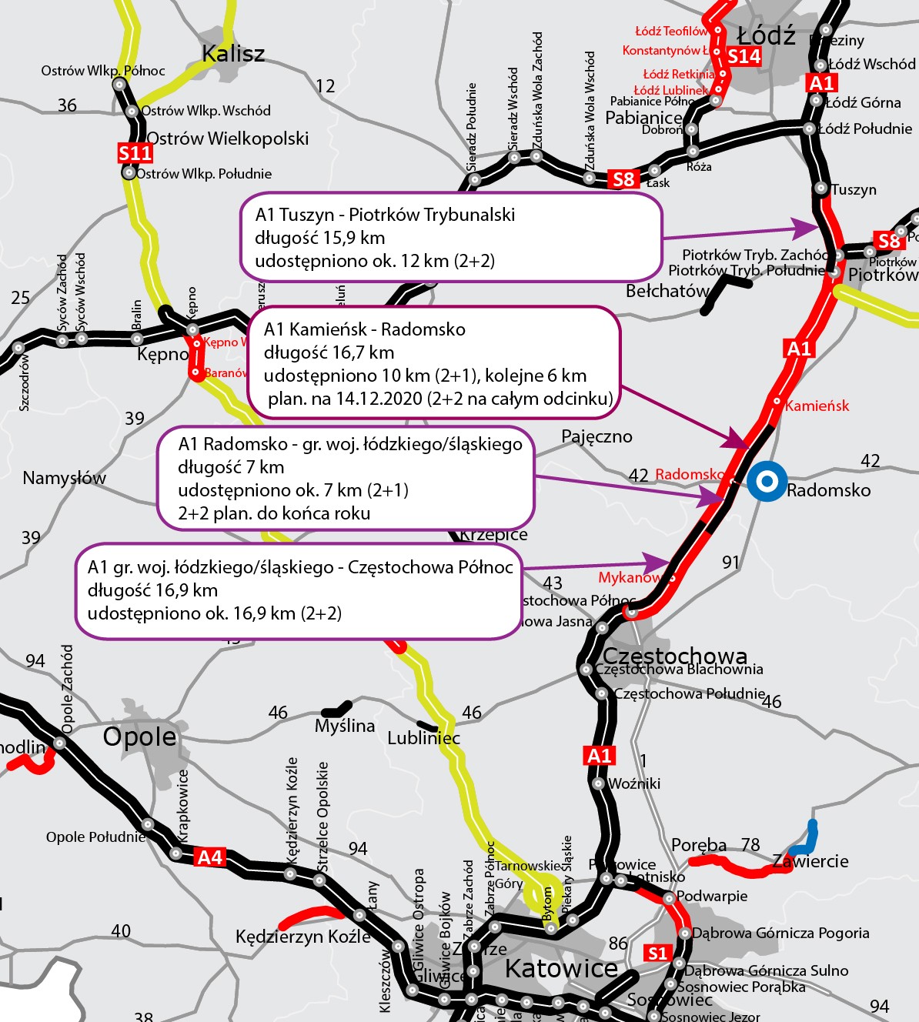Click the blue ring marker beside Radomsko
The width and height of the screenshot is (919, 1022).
767,482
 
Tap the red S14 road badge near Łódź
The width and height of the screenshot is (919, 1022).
744,56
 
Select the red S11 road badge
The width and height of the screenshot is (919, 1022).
135,153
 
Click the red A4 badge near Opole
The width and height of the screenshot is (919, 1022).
209,857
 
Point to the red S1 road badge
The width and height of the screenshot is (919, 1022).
657,954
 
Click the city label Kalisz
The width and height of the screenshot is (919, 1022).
232,54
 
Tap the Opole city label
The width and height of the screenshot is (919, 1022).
139,736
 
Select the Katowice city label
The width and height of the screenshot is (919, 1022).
561,968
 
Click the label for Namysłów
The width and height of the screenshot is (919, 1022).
64,478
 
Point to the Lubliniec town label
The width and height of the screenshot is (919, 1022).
423,738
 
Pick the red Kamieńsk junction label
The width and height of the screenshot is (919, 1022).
817,406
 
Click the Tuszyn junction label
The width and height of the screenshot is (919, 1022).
854,189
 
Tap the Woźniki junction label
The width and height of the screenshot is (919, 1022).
634,783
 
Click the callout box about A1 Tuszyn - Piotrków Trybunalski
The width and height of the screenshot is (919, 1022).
450,237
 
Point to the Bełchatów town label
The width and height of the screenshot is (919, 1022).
667,291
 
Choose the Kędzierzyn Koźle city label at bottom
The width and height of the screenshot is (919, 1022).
302,937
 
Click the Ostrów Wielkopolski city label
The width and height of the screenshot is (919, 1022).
227,139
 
